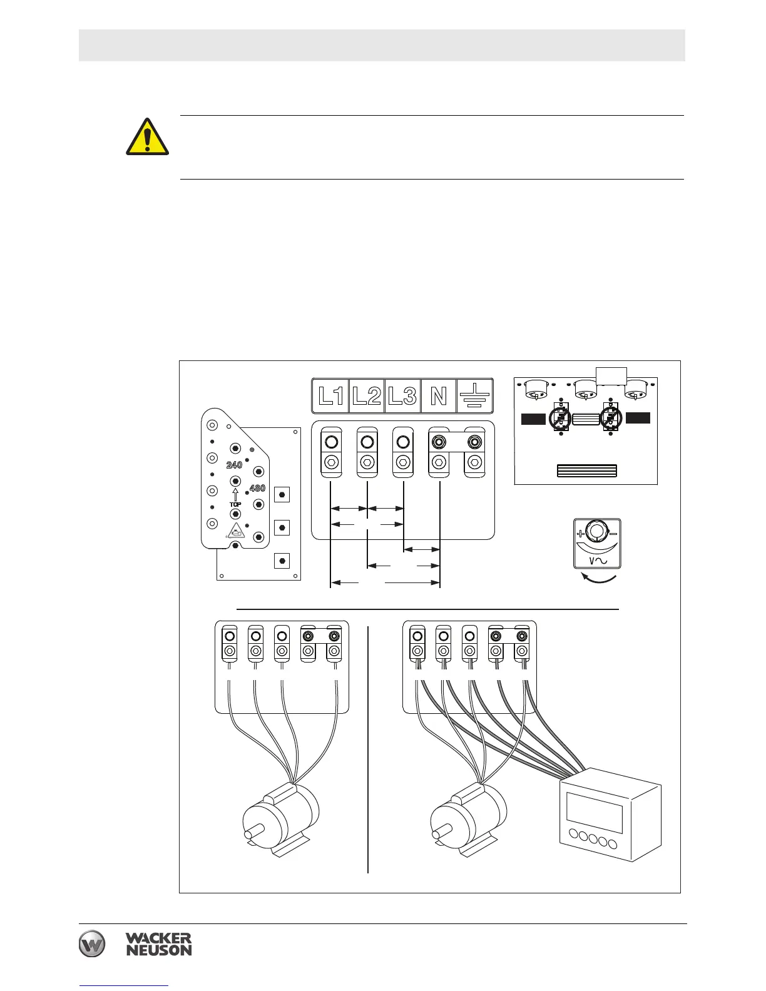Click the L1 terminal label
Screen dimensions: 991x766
click(x=330, y=395)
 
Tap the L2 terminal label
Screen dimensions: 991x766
click(x=366, y=395)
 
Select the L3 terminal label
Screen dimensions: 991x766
click(x=402, y=395)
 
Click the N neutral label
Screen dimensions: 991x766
click(x=439, y=395)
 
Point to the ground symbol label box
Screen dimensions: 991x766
click(x=475, y=395)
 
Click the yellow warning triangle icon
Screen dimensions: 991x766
click(x=147, y=137)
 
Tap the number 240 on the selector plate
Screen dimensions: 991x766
click(x=234, y=465)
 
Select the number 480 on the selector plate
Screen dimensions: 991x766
click(x=257, y=488)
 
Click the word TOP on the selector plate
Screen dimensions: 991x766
click(x=235, y=504)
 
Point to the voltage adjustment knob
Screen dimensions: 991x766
click(x=597, y=532)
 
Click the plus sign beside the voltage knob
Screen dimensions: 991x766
click(x=580, y=534)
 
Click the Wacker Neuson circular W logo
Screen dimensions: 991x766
click(x=92, y=944)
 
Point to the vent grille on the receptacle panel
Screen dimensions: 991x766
click(x=586, y=471)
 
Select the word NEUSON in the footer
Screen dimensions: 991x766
click(x=158, y=950)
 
